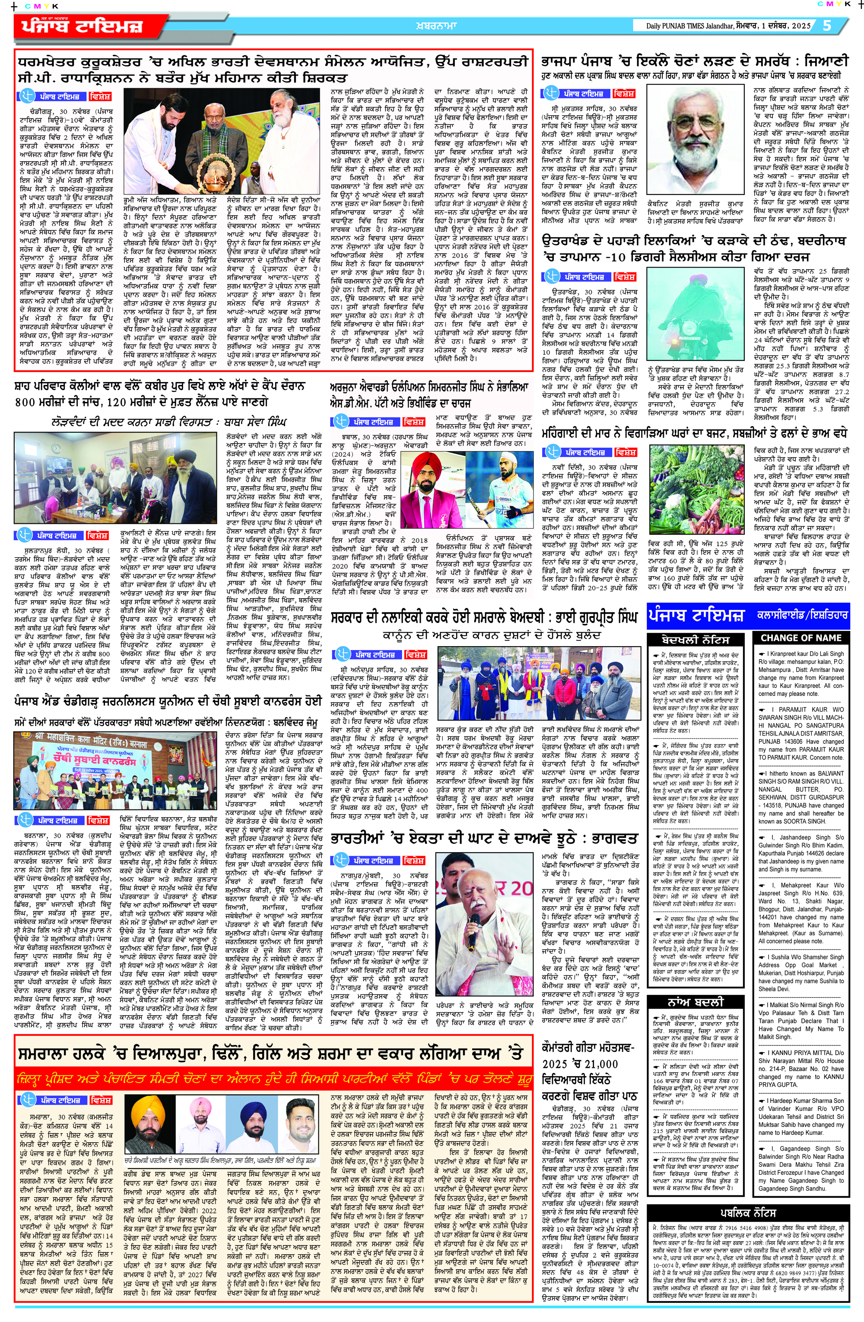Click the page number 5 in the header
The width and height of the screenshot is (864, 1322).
pos(827,25)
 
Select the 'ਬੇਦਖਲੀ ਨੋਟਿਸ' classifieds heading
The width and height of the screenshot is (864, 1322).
pos(695,639)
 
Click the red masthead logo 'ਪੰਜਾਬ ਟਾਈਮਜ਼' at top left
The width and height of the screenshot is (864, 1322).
pos(83,26)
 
